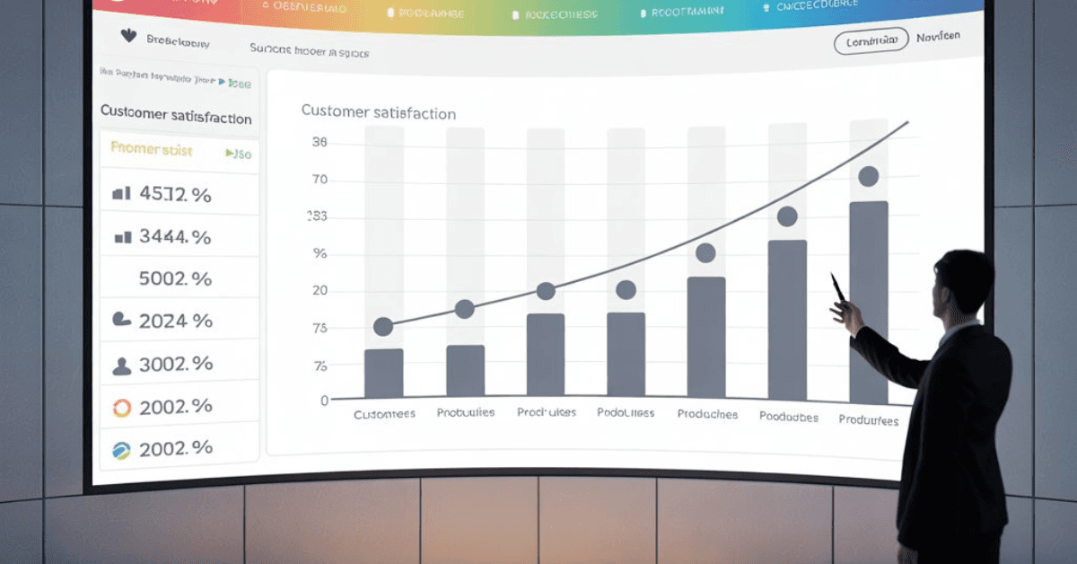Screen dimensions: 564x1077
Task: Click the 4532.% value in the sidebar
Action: (x=175, y=194)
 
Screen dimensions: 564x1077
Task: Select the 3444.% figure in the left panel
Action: (x=175, y=237)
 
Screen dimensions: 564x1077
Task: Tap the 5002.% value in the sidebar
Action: (x=175, y=278)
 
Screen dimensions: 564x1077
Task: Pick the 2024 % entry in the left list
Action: (x=175, y=321)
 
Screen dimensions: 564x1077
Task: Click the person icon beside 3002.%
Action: (x=121, y=366)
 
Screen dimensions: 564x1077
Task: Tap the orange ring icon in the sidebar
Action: (x=122, y=408)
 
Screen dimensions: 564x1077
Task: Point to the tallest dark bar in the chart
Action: (x=868, y=303)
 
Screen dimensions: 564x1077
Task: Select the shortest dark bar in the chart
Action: (x=383, y=374)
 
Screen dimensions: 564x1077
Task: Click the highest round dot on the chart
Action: (x=868, y=177)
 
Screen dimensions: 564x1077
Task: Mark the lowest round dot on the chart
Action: (x=383, y=327)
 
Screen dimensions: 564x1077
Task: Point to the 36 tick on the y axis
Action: (x=320, y=142)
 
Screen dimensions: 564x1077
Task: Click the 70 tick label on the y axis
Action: (x=320, y=180)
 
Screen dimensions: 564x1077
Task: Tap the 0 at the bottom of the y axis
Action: (x=324, y=401)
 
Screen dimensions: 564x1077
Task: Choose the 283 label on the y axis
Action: (x=317, y=216)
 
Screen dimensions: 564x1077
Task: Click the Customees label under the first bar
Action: (x=384, y=415)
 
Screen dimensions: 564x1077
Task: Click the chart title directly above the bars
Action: (x=378, y=113)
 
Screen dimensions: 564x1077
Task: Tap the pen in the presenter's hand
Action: (x=838, y=288)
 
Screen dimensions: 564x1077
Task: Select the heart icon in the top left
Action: (x=127, y=37)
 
